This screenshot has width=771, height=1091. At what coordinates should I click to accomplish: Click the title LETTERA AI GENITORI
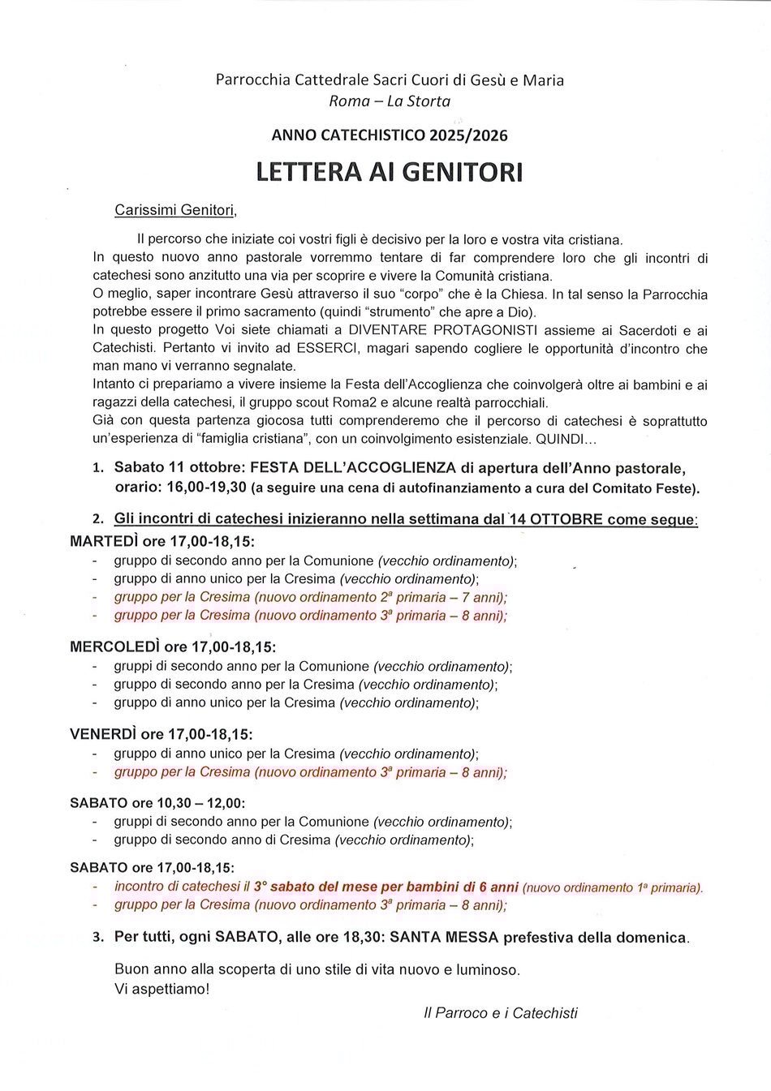(390, 172)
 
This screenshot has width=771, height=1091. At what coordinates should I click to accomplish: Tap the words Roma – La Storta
(390, 101)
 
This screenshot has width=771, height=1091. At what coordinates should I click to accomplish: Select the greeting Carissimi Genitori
(175, 210)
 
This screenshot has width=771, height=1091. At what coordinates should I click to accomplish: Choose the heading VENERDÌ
(103, 734)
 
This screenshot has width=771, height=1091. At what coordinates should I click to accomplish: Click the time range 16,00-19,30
(206, 488)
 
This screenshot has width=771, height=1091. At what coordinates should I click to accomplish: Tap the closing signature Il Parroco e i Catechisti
(501, 1012)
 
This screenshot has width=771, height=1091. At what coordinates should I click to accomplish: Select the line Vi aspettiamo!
(162, 989)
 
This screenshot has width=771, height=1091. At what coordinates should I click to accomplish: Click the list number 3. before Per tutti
(97, 938)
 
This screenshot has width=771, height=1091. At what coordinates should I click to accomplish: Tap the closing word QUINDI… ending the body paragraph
(566, 439)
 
